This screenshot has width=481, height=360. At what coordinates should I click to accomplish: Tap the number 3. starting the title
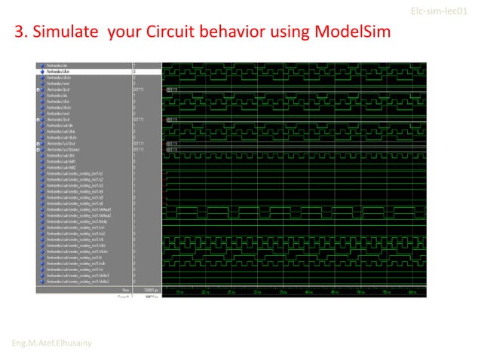coord(21,35)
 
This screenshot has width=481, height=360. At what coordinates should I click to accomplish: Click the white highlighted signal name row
coord(87,72)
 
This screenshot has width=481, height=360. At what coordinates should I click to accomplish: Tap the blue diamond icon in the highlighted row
coord(42,72)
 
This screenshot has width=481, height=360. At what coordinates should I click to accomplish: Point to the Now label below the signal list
coord(126,289)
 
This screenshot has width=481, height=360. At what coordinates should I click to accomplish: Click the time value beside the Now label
coord(149,289)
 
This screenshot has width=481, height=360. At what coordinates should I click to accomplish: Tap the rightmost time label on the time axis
coord(413,292)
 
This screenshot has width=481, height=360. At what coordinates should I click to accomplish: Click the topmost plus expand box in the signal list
coord(38,90)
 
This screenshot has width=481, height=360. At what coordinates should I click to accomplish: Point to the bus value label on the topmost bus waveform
coord(172,90)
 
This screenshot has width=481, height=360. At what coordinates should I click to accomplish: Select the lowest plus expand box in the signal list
coord(38,149)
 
